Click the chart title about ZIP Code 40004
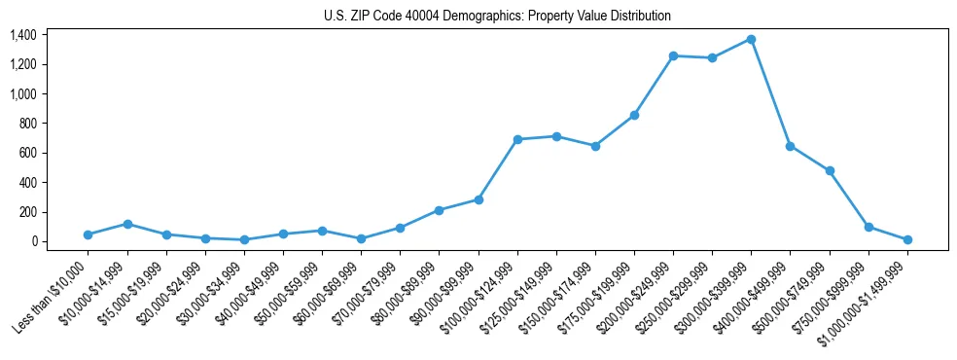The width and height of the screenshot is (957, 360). point(497,16)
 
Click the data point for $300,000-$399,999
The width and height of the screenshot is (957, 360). point(751,39)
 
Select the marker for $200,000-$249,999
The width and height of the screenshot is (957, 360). point(673,55)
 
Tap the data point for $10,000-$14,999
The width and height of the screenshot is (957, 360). point(127,224)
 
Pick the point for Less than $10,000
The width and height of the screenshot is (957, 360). point(89,234)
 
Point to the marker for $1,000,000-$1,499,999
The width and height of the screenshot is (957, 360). point(907,239)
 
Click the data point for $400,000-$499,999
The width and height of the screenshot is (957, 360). point(790,146)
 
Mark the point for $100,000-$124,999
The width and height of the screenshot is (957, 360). point(517,139)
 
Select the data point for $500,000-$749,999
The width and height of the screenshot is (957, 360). point(830,170)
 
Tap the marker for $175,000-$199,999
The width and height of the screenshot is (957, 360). point(634,115)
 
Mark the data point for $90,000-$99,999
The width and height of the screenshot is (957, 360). point(478,199)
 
